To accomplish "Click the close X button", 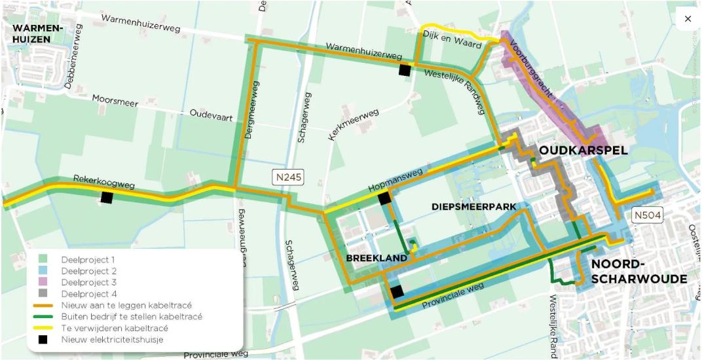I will click(x=688, y=19).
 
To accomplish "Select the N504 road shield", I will click(x=646, y=214).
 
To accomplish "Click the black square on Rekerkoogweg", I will click(x=107, y=198).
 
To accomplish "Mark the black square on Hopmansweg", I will click(x=384, y=198).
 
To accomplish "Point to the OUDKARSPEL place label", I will click(x=583, y=151).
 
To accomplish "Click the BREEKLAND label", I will click(x=376, y=259).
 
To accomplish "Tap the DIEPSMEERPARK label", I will click(x=473, y=207).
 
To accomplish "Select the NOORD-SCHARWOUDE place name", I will click(x=638, y=272).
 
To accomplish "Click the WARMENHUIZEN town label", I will click(x=38, y=34).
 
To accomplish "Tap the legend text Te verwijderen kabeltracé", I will click(x=115, y=328).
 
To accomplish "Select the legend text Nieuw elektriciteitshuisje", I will click(x=113, y=339).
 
